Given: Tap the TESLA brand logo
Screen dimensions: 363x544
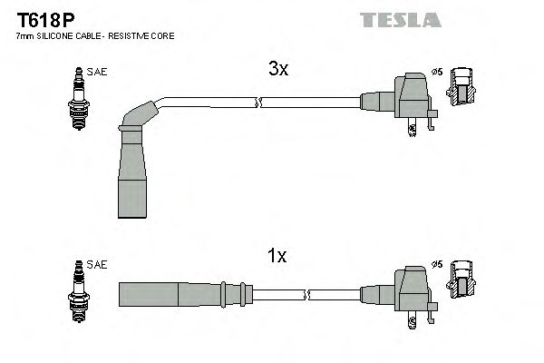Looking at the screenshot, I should (x=400, y=19).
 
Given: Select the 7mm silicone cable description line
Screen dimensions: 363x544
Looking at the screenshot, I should (x=95, y=36).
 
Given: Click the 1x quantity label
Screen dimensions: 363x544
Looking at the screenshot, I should (x=277, y=257).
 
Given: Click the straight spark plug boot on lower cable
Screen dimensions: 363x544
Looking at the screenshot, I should (x=181, y=295).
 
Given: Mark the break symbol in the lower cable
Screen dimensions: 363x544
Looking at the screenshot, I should (x=308, y=295).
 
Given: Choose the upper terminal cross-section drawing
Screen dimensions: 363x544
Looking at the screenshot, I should (x=463, y=87).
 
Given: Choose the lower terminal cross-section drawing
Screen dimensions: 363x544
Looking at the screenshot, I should (x=463, y=279).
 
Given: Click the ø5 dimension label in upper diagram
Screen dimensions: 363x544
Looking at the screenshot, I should (x=437, y=72).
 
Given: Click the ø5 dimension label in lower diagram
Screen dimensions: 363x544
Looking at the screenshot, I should (x=437, y=264).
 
